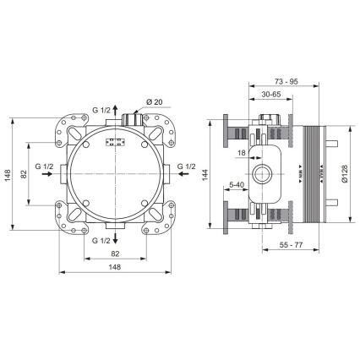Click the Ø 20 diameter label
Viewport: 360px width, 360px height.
coord(154,103)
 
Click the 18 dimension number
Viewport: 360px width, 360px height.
coord(241,153)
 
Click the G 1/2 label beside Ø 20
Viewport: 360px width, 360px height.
coord(101,110)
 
